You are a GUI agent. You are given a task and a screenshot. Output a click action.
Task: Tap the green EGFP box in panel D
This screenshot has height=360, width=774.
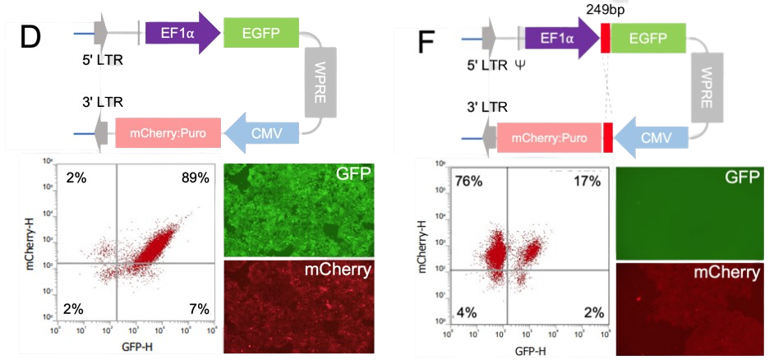[x=261, y=33]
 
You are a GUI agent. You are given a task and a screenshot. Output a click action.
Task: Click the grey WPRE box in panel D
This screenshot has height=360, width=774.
[x=320, y=81]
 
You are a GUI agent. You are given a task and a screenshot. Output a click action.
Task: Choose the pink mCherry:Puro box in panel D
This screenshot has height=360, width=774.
[x=168, y=132]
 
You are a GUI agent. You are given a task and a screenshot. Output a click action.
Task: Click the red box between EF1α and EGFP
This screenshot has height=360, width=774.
[x=606, y=38]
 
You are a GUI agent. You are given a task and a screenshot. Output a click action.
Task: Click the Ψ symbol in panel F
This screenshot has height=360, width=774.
[x=519, y=63]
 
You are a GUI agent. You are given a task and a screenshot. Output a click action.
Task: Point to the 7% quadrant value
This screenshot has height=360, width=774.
[x=198, y=308]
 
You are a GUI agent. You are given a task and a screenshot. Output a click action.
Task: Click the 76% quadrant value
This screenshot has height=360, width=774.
[x=468, y=182]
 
